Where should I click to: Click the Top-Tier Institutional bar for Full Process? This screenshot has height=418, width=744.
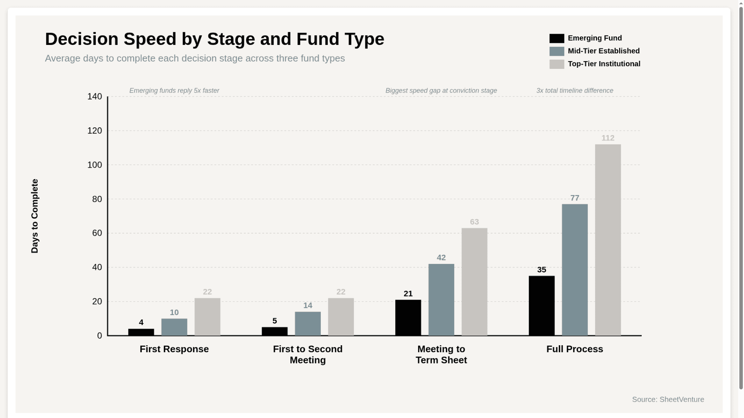pos(608,240)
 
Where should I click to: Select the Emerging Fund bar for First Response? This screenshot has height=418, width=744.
pos(141,332)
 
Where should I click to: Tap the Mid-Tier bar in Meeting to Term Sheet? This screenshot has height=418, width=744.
pos(441,300)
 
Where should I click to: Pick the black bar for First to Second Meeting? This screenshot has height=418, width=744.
pos(274,331)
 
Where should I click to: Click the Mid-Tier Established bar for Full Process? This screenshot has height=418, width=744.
pos(575,270)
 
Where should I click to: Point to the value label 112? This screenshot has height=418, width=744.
pos(608,138)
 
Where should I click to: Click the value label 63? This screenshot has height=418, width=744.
pos(474,222)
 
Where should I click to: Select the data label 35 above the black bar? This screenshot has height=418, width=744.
pos(541,270)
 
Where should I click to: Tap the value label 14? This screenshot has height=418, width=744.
pos(308,306)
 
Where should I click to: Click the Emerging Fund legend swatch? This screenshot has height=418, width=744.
pos(556,38)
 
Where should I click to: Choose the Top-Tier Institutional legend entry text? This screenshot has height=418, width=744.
pos(604,64)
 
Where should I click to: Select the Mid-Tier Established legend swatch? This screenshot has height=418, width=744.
pos(556,51)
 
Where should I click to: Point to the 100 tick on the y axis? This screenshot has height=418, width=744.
pos(95,165)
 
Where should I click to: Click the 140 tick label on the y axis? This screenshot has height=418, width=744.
pos(95,96)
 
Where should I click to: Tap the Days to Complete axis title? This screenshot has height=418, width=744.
pos(34,216)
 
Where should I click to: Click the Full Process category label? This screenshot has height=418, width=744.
pos(575,349)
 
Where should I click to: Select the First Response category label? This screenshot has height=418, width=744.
pos(174,349)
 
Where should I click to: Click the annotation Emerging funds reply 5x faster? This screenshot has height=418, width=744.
pos(174,91)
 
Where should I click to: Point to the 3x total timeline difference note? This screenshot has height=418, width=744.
pos(575,91)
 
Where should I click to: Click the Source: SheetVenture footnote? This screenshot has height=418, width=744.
pos(668,399)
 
